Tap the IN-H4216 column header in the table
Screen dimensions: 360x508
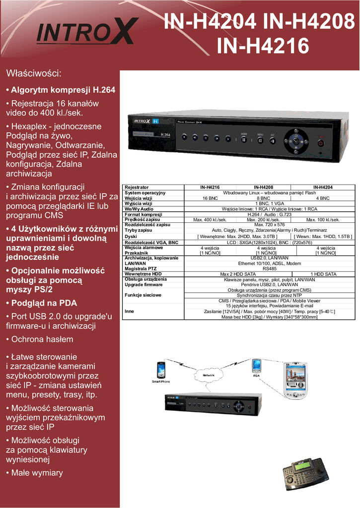[210, 187]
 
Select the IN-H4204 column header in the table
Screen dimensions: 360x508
[323, 187]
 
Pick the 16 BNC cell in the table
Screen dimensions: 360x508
[210, 198]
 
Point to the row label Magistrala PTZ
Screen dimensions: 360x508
[140, 268]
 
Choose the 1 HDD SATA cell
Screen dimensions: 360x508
[323, 274]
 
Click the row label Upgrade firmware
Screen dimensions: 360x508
[144, 285]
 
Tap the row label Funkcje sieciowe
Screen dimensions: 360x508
[143, 295]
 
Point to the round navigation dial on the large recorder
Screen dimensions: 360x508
[295, 140]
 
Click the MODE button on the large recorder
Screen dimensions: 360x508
[244, 139]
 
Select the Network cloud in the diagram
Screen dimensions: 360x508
[209, 376]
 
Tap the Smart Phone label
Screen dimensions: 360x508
[161, 381]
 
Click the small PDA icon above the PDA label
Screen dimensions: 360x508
[256, 366]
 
